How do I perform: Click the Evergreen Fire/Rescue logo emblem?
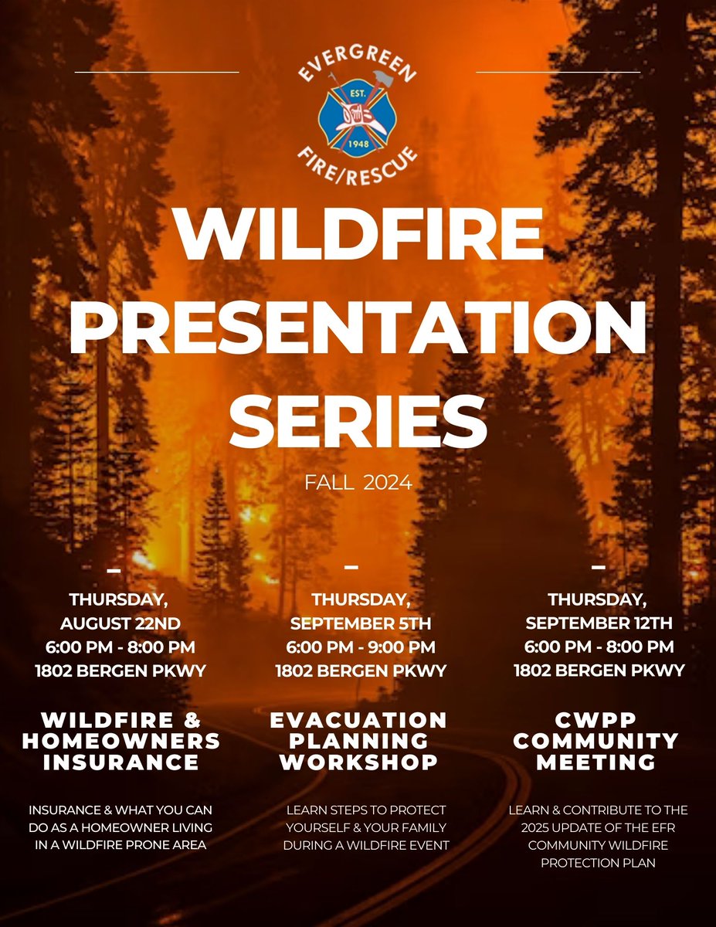coord(358,116)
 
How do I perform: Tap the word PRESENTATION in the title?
coord(358,324)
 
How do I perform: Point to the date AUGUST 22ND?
coord(120,622)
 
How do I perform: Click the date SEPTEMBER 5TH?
coord(361,623)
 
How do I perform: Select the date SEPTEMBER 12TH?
coord(599,622)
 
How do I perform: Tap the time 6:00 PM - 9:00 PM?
coord(361,647)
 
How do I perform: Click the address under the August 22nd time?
coord(120,671)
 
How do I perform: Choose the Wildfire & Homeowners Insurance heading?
coord(120,741)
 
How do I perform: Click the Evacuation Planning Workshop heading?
coord(358,741)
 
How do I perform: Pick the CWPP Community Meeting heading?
coord(596,741)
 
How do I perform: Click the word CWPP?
coord(596,720)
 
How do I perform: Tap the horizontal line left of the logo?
coord(157,72)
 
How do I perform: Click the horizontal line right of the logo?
coord(558,72)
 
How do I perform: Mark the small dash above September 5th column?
coord(351,566)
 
